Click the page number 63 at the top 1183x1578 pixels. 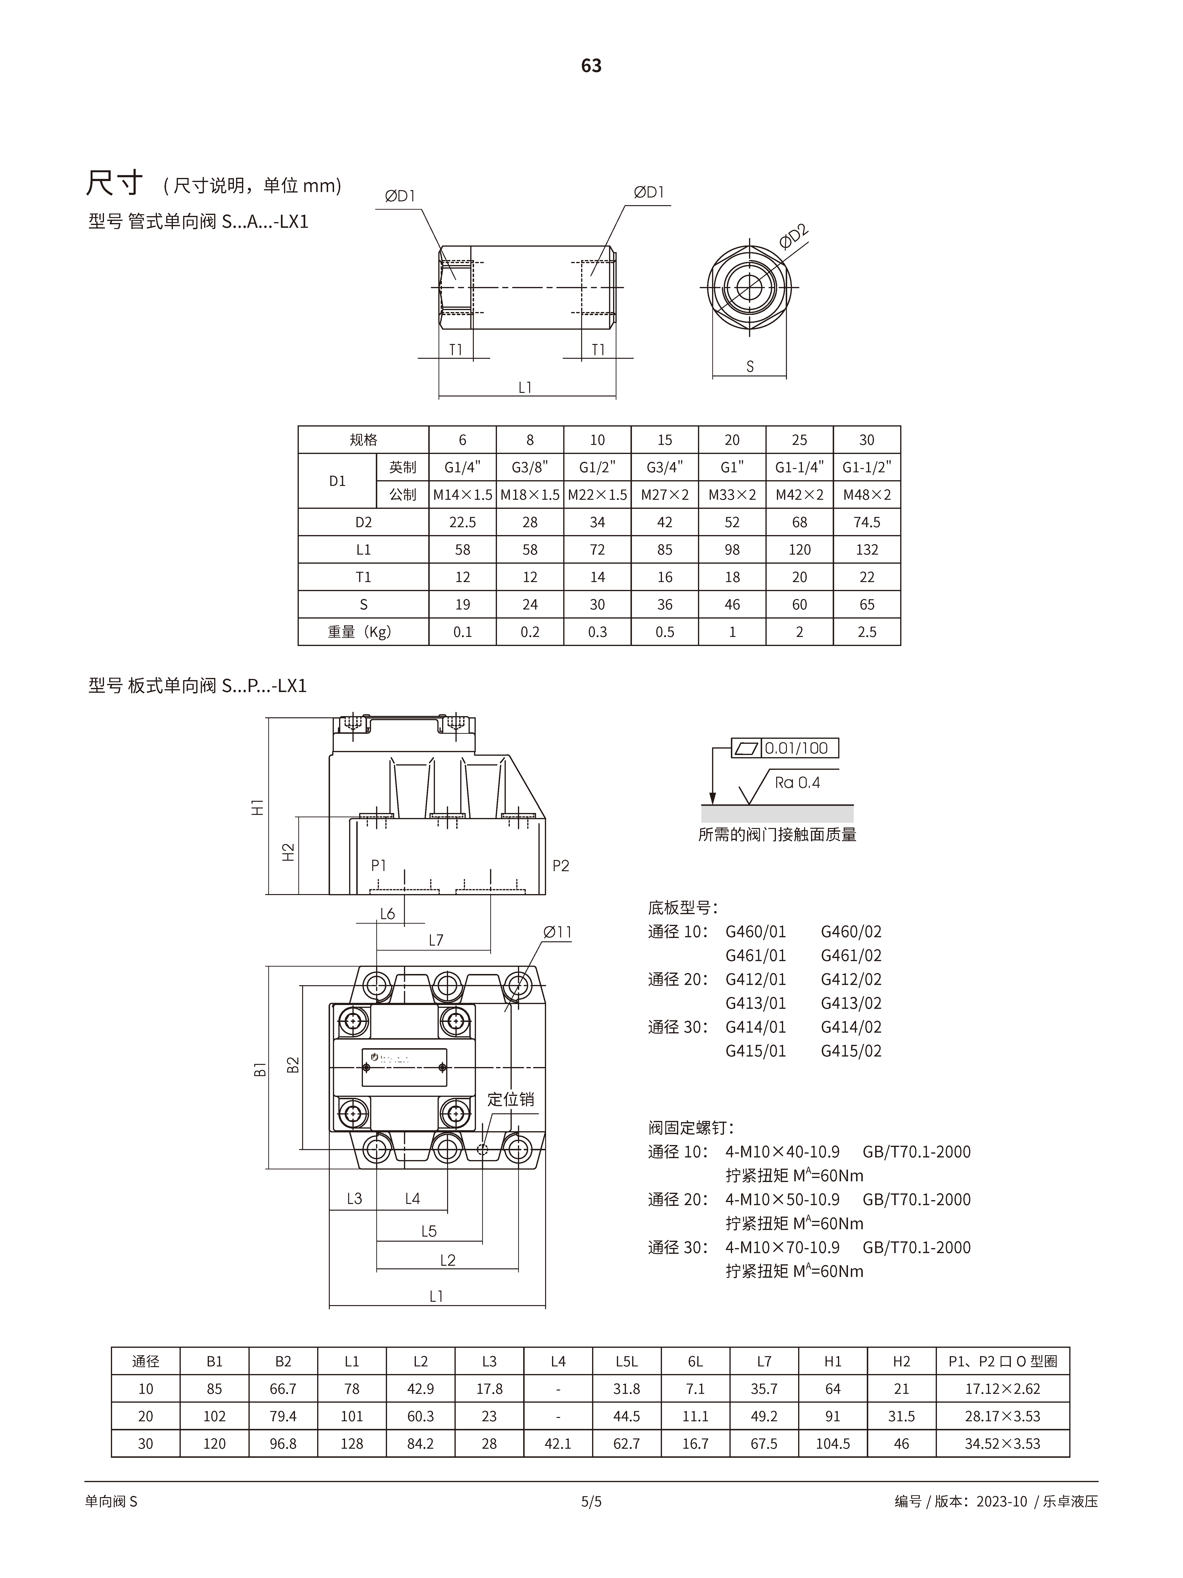pyautogui.click(x=591, y=66)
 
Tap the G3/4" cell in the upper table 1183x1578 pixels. pyautogui.click(x=665, y=467)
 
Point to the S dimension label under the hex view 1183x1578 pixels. pyautogui.click(x=749, y=367)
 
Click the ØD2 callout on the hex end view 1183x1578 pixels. pyautogui.click(x=794, y=236)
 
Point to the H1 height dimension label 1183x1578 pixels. pyautogui.click(x=258, y=807)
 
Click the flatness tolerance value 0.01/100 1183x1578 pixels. pyautogui.click(x=796, y=748)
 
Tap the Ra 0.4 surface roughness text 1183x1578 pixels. pyautogui.click(x=797, y=783)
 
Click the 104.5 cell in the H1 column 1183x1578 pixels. pyautogui.click(x=833, y=1444)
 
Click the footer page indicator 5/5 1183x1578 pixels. pyautogui.click(x=591, y=1502)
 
